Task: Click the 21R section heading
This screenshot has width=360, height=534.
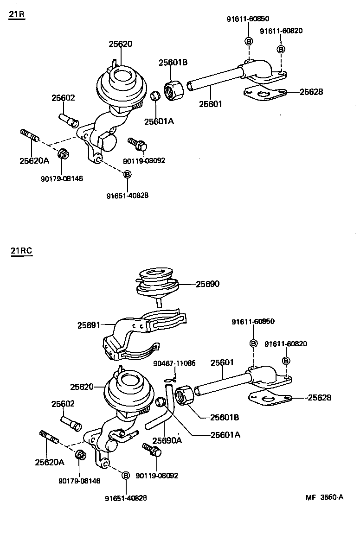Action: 17,15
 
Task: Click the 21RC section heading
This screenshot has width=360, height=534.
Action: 21,251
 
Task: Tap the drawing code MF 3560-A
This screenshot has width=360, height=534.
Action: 324,497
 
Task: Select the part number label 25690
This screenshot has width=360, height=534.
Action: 207,284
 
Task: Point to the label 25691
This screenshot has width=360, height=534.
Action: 89,326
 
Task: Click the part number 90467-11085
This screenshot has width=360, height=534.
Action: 176,363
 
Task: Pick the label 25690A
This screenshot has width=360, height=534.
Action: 167,440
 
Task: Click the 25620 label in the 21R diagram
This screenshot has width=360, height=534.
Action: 121,44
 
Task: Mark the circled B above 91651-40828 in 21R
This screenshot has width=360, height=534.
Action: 127,174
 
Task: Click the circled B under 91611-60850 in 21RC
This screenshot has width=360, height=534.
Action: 253,343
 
